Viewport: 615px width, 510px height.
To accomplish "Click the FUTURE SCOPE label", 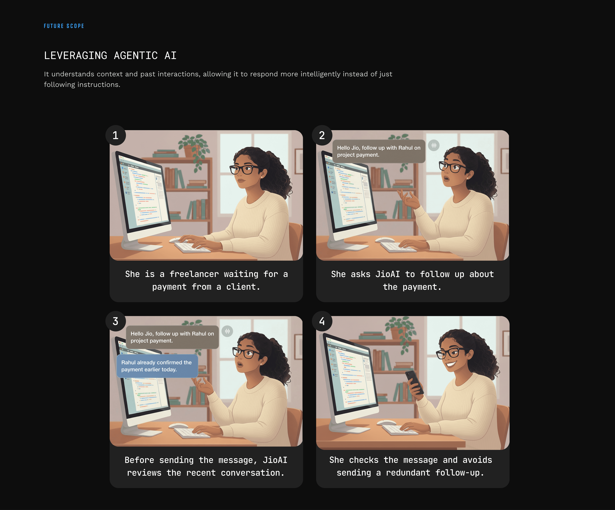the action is [x=64, y=26].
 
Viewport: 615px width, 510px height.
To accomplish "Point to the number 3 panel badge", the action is [x=116, y=321].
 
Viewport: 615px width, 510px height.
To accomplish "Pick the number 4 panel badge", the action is [x=322, y=321].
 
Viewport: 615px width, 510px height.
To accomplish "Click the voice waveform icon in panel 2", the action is [x=434, y=145].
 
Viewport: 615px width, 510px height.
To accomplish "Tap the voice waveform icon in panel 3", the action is [x=227, y=331].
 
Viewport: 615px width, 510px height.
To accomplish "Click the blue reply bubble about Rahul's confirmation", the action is [x=157, y=366].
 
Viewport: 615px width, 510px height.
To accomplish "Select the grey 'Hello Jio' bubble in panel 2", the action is [x=379, y=151].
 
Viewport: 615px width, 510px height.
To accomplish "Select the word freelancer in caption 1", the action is [x=194, y=274].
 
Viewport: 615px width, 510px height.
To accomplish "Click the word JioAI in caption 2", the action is [x=387, y=274].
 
